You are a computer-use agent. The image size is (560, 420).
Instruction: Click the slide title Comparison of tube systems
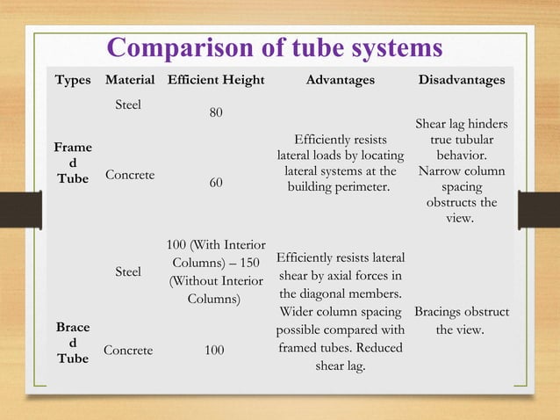(x=274, y=48)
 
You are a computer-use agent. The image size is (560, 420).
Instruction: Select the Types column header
(x=73, y=80)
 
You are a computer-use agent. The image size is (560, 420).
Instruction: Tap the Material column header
(x=130, y=80)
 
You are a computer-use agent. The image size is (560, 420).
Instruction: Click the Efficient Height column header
(x=216, y=80)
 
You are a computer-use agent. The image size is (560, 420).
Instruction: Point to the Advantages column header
(x=340, y=80)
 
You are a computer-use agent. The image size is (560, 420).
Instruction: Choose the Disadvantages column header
(x=462, y=80)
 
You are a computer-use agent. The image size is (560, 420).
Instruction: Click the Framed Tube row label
(x=73, y=164)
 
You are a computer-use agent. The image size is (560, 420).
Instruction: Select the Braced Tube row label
(x=73, y=342)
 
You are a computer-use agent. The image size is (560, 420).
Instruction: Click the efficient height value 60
(x=215, y=184)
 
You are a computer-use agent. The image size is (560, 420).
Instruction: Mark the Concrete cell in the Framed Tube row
(x=130, y=175)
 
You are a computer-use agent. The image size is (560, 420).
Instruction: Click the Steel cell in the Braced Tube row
(x=129, y=272)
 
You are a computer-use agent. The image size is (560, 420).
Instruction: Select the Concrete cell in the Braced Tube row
(x=128, y=350)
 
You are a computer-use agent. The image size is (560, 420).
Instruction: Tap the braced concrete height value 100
(x=215, y=350)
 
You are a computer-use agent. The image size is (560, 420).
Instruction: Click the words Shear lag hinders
(x=462, y=125)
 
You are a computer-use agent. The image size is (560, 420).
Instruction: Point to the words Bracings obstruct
(x=462, y=312)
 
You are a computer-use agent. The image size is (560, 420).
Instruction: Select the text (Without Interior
(x=215, y=280)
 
